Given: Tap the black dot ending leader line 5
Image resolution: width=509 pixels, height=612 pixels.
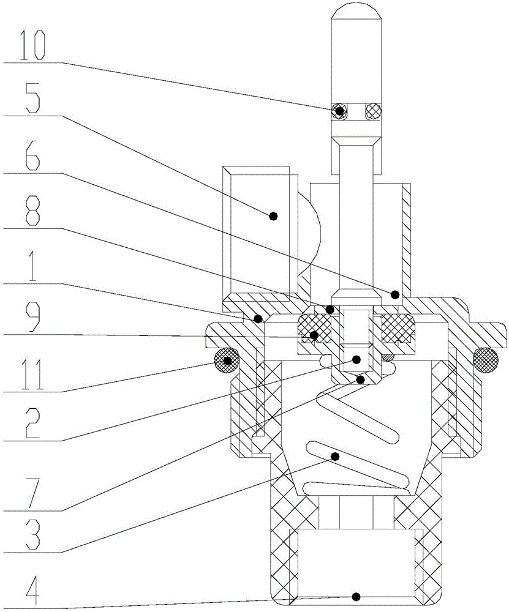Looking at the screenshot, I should tap(274, 215).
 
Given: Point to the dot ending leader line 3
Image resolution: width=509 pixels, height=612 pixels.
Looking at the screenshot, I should tap(335, 455).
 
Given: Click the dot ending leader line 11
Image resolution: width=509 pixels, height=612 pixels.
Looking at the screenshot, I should tap(227, 361).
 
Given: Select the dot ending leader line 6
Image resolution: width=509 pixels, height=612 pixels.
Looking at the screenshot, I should tap(395, 293).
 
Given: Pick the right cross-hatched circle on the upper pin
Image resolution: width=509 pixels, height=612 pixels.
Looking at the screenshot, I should tap(372, 111).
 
